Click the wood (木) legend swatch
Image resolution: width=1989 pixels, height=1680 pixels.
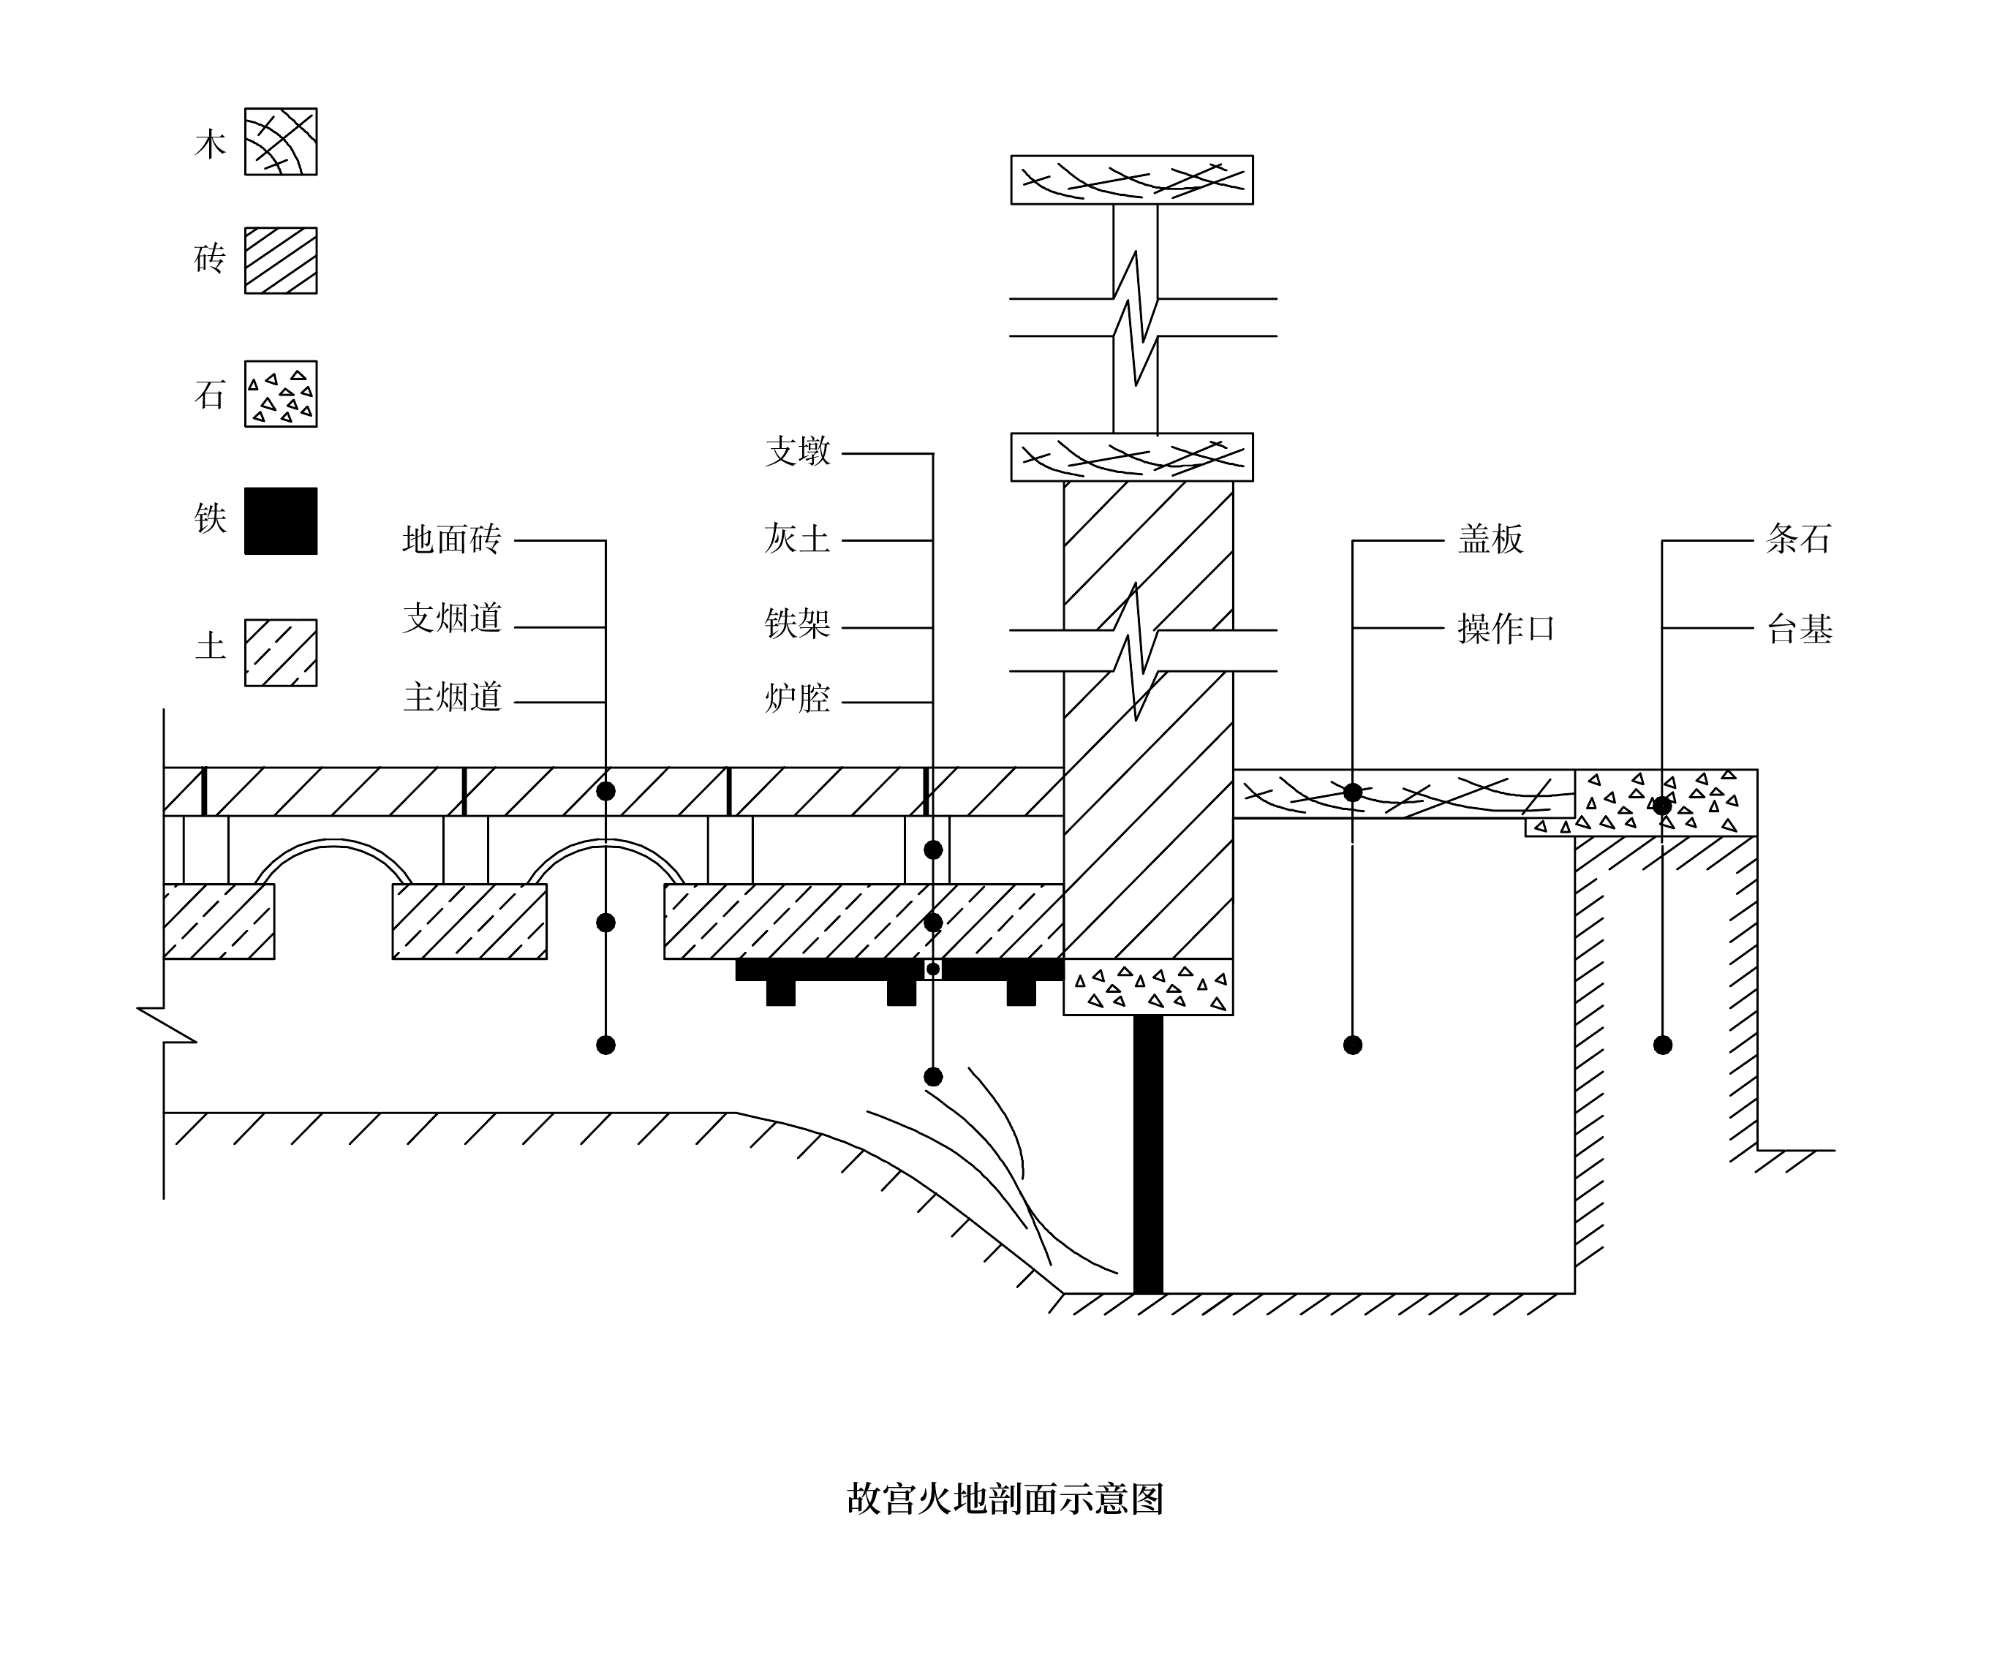tap(281, 142)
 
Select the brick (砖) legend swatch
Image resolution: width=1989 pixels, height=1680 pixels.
tap(281, 260)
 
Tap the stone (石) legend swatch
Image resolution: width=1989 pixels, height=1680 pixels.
tap(281, 393)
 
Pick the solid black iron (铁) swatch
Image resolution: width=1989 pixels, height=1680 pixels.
tap(281, 521)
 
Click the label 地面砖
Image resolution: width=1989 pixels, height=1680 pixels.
tap(451, 540)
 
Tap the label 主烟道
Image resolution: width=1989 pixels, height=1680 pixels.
tap(451, 698)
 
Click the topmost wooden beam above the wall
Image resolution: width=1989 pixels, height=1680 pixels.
tap(1132, 180)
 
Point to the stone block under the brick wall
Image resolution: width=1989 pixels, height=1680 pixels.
tap(1148, 987)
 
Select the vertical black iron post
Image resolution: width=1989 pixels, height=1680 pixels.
tap(1148, 1154)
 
